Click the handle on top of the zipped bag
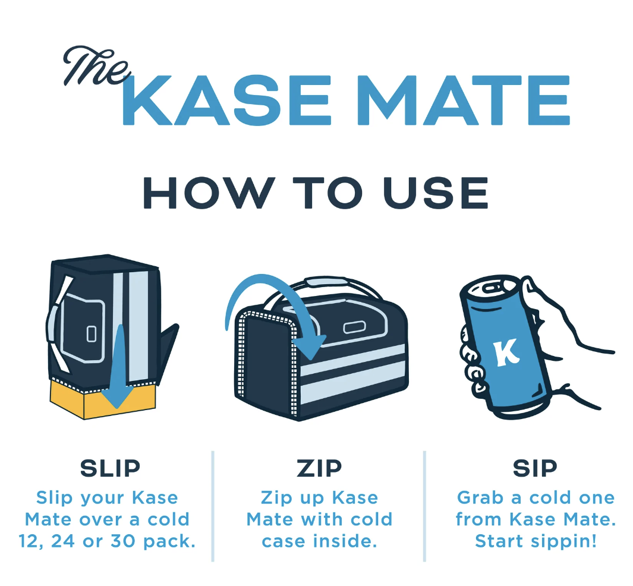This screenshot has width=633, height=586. click(333, 283)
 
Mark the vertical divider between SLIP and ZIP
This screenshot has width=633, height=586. click(212, 505)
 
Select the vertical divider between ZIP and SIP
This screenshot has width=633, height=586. click(424, 505)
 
